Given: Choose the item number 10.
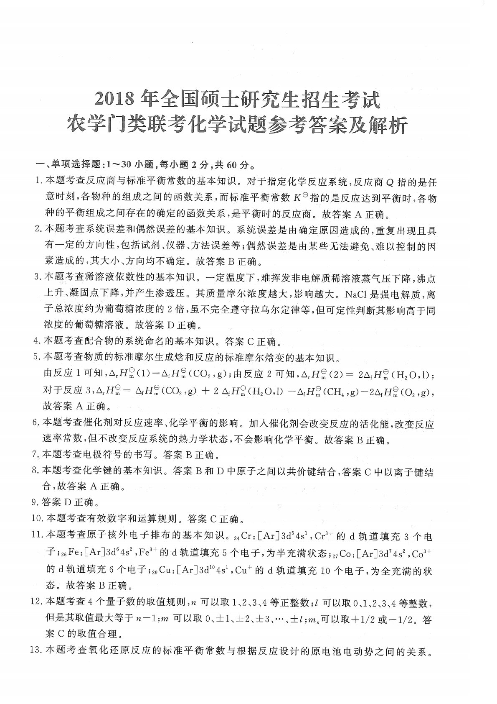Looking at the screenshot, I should [38, 519].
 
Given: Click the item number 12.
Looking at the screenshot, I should [38, 603].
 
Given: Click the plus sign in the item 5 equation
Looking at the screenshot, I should [206, 392].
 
